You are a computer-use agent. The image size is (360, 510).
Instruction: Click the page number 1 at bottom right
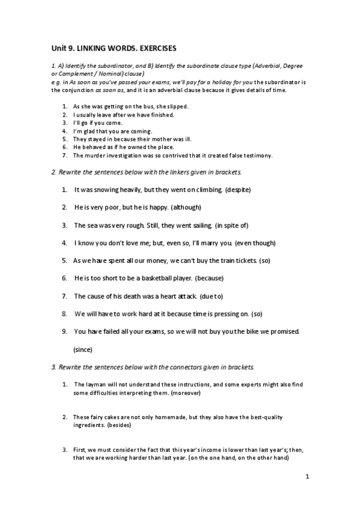[307, 477]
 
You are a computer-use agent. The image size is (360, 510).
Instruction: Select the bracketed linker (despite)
[237, 190]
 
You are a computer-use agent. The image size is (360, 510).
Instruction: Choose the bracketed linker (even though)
[255, 243]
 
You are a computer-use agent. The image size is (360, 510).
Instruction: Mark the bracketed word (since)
[82, 349]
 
